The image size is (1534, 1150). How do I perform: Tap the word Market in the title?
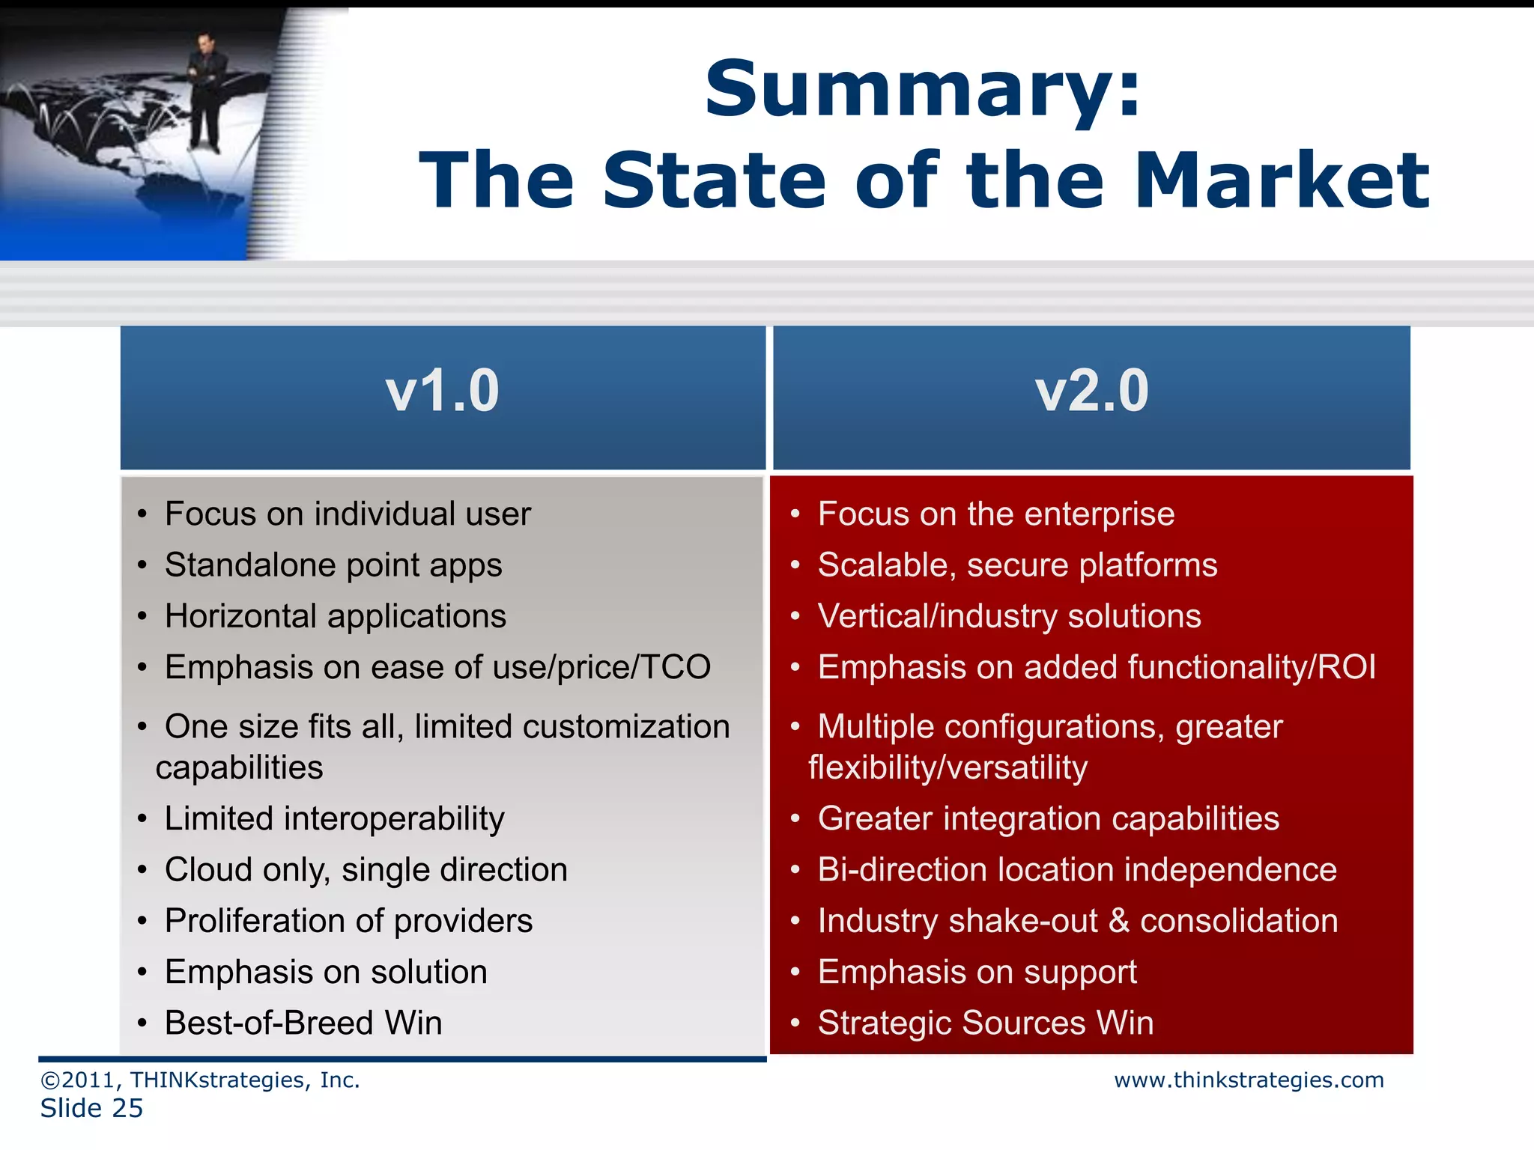pyautogui.click(x=1282, y=181)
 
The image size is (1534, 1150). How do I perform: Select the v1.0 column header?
pyautogui.click(x=443, y=392)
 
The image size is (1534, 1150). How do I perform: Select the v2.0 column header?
pyautogui.click(x=1091, y=392)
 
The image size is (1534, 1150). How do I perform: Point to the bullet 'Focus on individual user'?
pyautogui.click(x=348, y=514)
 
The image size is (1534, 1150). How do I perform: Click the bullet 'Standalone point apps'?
pyautogui.click(x=333, y=565)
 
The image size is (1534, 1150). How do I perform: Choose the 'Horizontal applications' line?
pyautogui.click(x=335, y=616)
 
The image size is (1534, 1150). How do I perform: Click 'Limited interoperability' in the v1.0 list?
pyautogui.click(x=334, y=818)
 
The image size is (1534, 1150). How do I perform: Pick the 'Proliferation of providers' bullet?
pyautogui.click(x=348, y=921)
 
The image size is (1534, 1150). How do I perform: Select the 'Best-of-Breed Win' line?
pyautogui.click(x=303, y=1023)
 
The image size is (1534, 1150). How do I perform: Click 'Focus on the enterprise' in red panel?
pyautogui.click(x=995, y=514)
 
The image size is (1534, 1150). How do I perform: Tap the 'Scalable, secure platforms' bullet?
pyautogui.click(x=1017, y=565)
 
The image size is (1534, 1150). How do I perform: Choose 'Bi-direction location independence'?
pyautogui.click(x=1076, y=870)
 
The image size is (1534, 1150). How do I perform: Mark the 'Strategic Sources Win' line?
pyautogui.click(x=985, y=1023)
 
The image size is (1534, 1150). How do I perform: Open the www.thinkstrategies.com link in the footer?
pyautogui.click(x=1249, y=1080)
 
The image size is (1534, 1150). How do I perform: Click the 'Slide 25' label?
pyautogui.click(x=91, y=1108)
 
